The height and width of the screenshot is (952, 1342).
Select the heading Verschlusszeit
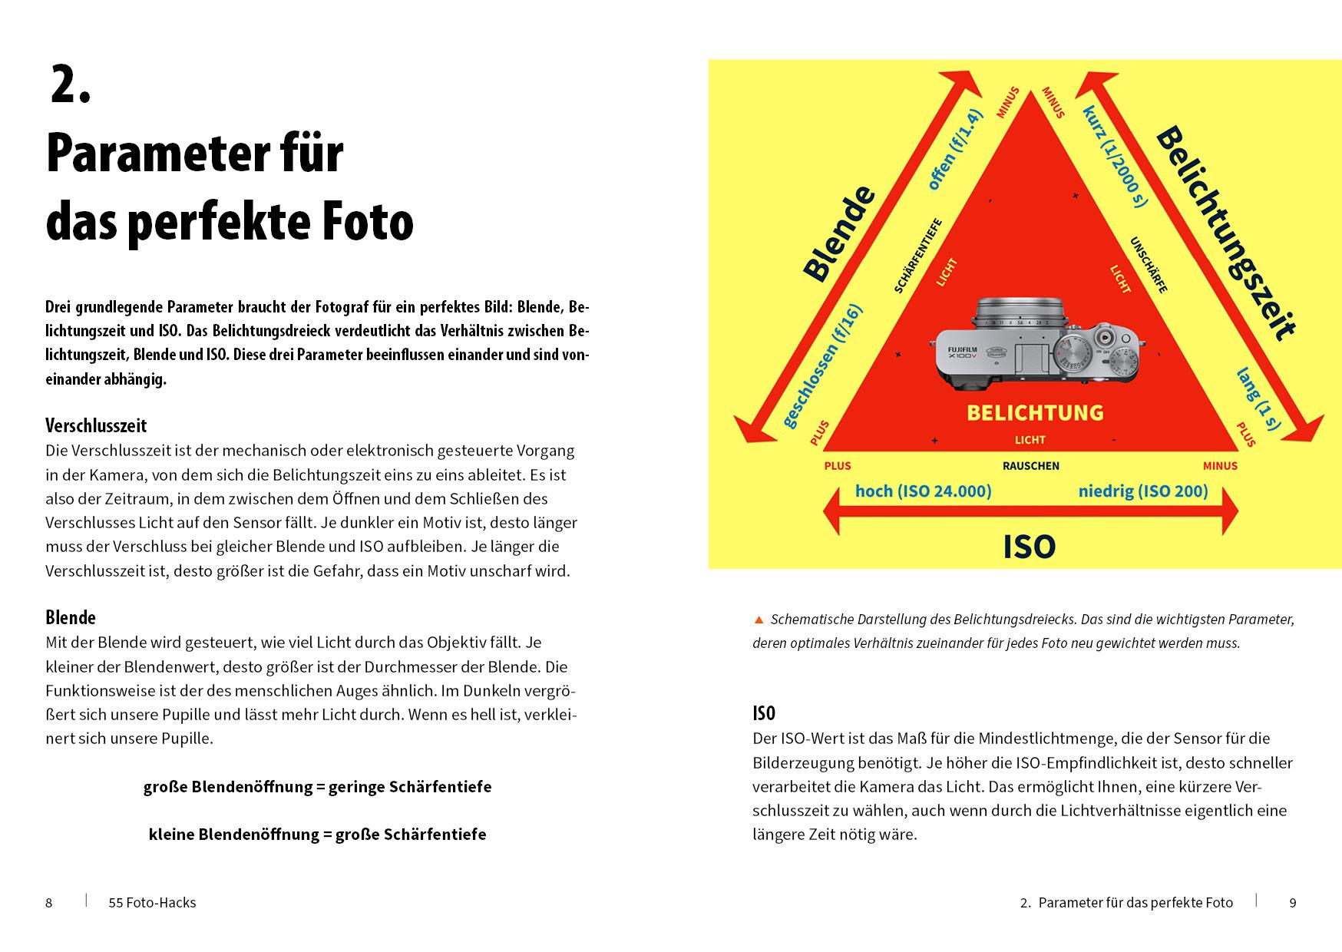click(x=96, y=425)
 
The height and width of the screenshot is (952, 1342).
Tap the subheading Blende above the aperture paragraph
click(x=71, y=617)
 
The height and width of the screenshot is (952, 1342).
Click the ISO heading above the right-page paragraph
click(x=764, y=713)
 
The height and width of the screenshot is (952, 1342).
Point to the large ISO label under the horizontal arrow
click(x=1029, y=547)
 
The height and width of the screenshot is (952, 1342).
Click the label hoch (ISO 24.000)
click(x=923, y=491)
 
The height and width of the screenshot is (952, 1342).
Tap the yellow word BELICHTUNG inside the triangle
click(x=1034, y=413)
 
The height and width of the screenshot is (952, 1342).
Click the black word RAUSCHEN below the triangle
click(x=1030, y=466)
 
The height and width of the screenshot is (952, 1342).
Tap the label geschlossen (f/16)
click(x=822, y=367)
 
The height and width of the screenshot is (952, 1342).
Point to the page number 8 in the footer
click(x=49, y=903)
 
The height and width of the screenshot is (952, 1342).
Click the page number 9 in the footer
click(x=1292, y=903)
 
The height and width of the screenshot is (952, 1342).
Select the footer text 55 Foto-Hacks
click(x=152, y=903)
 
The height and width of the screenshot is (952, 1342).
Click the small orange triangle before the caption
click(x=759, y=619)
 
